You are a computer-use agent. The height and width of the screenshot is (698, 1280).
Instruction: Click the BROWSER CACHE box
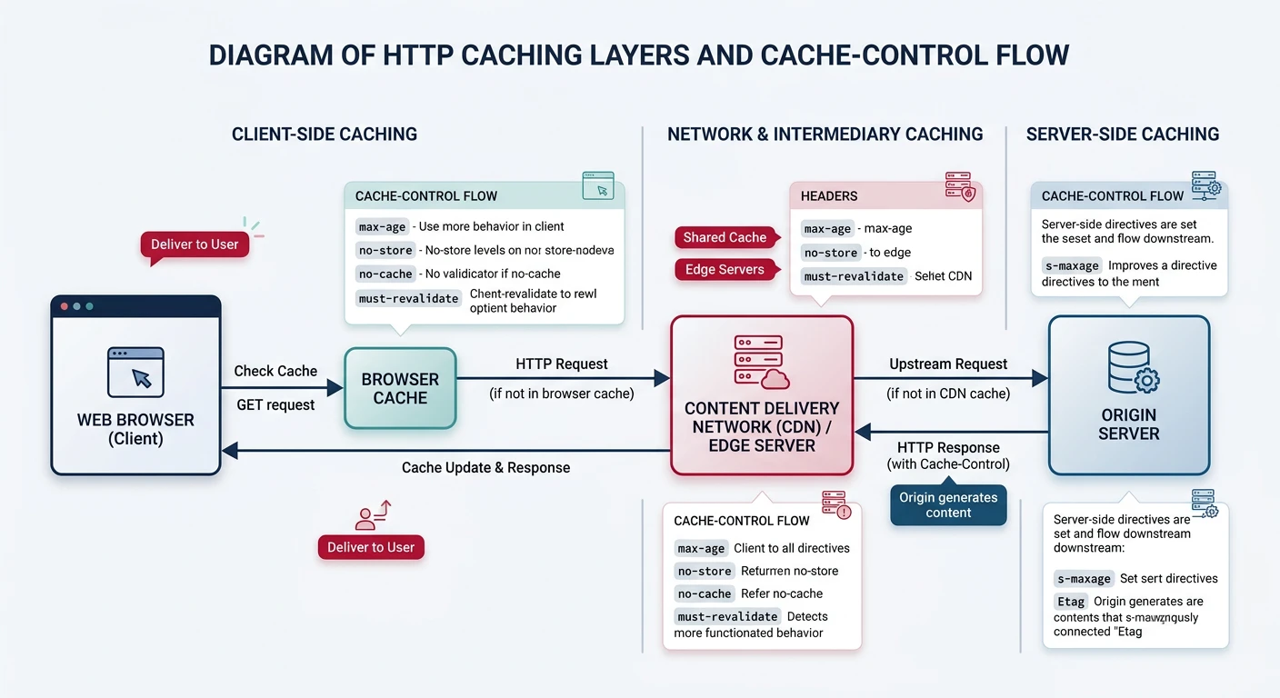(400, 388)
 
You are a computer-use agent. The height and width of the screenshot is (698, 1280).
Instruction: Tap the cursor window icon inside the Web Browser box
(135, 372)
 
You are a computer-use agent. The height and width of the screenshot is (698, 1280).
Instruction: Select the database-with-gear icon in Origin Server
(1133, 367)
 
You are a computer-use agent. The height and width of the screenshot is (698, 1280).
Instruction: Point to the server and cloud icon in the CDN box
(762, 362)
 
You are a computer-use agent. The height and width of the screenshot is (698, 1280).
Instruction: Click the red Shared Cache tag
(725, 237)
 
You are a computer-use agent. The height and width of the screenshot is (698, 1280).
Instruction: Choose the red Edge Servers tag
(725, 270)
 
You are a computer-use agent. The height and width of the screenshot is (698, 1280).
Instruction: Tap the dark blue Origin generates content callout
(948, 505)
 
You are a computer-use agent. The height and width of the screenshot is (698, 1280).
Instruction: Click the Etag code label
(1070, 602)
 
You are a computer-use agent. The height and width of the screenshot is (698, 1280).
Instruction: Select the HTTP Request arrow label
(562, 364)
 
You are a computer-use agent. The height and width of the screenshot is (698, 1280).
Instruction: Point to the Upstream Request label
(948, 364)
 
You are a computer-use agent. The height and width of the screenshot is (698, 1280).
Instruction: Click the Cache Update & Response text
(485, 467)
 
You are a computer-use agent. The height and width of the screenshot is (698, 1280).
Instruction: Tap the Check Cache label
(275, 371)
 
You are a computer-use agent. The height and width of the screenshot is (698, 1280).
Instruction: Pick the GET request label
(275, 404)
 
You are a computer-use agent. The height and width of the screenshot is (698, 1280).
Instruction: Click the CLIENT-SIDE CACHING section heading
(325, 135)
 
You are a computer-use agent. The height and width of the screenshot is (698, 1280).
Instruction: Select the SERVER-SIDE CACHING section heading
(1123, 135)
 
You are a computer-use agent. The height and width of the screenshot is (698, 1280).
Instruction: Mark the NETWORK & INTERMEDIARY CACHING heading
(825, 135)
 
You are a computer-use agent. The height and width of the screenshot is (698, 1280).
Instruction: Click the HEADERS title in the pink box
(829, 195)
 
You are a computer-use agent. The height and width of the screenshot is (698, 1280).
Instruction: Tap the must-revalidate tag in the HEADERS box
(853, 276)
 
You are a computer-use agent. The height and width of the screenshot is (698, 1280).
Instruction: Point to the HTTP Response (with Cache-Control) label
(948, 456)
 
